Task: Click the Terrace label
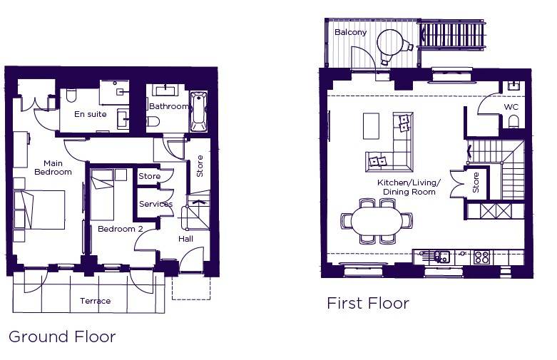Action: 95,301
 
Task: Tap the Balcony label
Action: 350,32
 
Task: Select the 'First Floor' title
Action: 368,303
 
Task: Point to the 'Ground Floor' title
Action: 62,336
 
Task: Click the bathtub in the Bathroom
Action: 198,112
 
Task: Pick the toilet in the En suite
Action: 71,95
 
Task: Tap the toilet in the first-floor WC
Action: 513,123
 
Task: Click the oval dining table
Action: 377,221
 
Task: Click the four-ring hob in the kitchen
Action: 481,257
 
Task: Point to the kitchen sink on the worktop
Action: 441,257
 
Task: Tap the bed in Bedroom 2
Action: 102,195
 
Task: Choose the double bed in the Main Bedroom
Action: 39,210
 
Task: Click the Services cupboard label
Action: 155,204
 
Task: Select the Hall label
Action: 185,239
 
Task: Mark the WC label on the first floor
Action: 511,107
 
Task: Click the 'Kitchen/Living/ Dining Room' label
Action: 409,187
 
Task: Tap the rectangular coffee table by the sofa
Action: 372,125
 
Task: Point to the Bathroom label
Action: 168,106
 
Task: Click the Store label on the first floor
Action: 476,182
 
